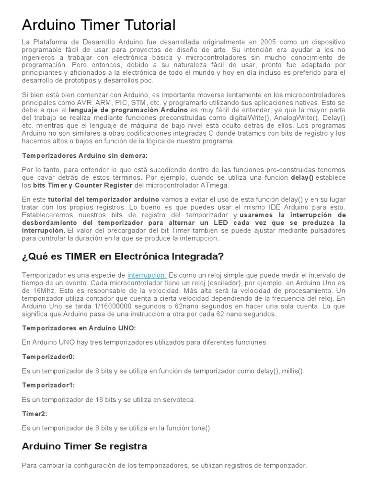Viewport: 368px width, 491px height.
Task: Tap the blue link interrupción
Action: (x=147, y=275)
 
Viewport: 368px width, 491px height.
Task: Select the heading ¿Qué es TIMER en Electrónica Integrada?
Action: (x=123, y=257)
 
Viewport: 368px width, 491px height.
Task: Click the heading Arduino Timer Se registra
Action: (x=84, y=446)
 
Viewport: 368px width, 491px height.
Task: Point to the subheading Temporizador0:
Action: (x=48, y=357)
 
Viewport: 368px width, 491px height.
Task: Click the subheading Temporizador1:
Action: (x=48, y=385)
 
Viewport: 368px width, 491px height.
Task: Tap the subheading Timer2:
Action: (x=34, y=413)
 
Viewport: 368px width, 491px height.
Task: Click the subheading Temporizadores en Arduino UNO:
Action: (x=79, y=328)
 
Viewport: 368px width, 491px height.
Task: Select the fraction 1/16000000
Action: (x=110, y=306)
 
